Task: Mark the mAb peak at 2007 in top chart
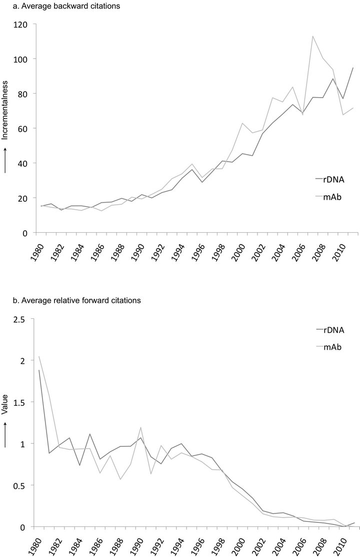pyautogui.click(x=312, y=36)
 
